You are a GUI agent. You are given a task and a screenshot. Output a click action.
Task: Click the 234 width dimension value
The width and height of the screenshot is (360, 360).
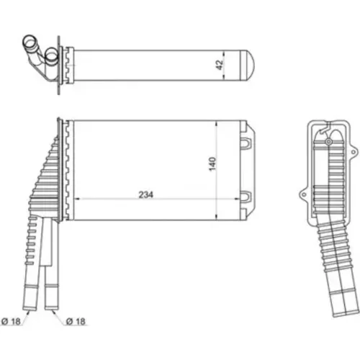(145, 194)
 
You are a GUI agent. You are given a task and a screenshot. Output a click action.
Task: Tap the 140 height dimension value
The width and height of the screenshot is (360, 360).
(212, 164)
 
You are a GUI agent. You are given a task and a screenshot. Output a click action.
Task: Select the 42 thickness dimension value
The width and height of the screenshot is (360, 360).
(220, 65)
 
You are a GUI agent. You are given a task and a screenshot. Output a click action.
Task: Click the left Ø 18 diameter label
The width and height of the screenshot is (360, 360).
(11, 321)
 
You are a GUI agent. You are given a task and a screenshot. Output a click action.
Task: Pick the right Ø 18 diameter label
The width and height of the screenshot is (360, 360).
(76, 321)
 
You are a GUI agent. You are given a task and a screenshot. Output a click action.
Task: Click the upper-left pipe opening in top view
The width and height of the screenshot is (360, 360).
(30, 42)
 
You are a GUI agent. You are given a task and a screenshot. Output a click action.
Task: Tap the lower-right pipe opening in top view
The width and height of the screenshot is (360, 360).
(51, 55)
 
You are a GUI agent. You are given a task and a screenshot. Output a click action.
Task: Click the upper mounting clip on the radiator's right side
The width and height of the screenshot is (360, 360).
(246, 143)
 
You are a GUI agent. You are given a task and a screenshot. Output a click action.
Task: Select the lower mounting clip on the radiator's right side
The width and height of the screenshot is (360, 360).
(246, 197)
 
